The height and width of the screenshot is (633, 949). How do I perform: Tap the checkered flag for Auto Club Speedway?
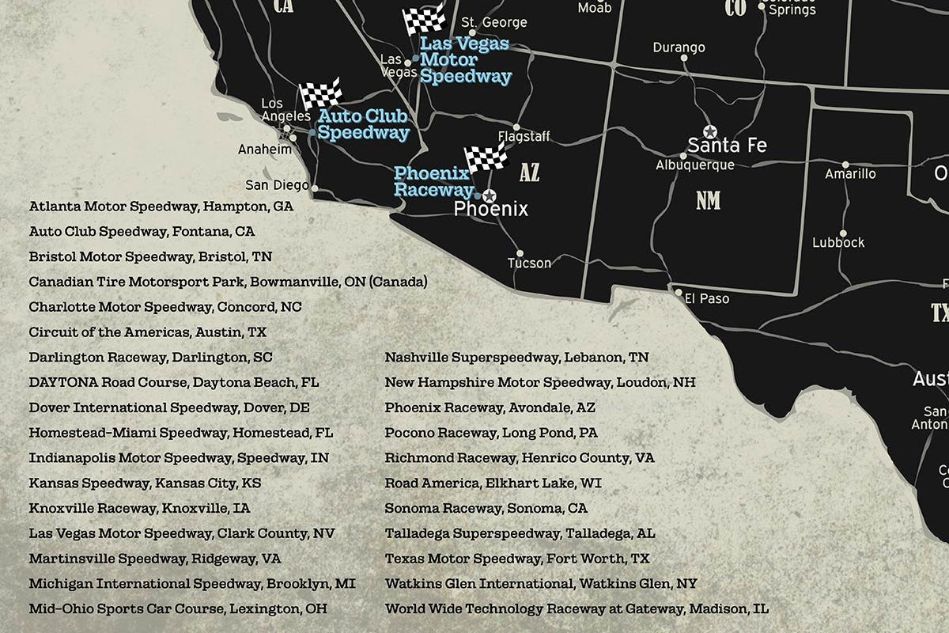[x=319, y=93]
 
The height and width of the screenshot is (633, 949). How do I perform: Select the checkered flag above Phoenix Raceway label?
[x=485, y=157]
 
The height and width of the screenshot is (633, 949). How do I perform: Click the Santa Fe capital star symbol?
[x=709, y=131]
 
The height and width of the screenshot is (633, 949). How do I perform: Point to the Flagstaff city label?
[x=524, y=137]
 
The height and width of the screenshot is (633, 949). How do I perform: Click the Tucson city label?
[x=529, y=263]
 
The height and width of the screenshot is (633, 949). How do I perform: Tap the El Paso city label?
[x=707, y=299]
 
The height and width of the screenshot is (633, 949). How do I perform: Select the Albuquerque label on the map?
[x=695, y=165]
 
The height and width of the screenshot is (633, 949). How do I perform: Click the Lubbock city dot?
[x=843, y=233]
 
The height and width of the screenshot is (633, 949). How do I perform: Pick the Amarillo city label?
[x=850, y=173]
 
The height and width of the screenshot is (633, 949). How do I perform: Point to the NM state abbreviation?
[x=708, y=201]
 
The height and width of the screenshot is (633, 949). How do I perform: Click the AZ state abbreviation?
[x=529, y=172]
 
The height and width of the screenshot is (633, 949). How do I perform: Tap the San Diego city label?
[x=277, y=185]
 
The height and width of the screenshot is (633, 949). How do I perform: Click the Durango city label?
[x=679, y=47]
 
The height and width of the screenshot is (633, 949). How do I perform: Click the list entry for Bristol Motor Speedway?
[x=150, y=257]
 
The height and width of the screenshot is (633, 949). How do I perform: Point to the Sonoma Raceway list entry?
[x=486, y=508]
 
